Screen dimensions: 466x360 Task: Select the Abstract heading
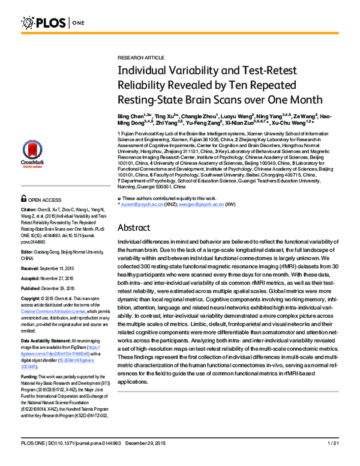[x=137, y=228]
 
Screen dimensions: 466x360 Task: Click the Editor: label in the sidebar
[x=29, y=254]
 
